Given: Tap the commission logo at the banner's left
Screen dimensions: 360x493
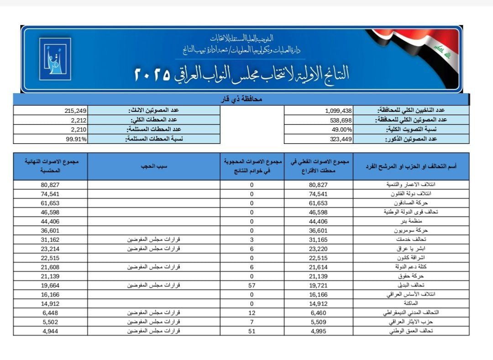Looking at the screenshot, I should coord(55,59).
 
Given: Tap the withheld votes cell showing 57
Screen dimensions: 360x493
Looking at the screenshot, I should coord(252,285).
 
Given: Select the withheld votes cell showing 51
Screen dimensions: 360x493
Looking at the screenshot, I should coord(252,330).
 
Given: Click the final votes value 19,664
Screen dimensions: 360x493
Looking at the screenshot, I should coord(50,285).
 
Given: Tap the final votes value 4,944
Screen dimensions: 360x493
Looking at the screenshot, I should coord(50,330).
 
